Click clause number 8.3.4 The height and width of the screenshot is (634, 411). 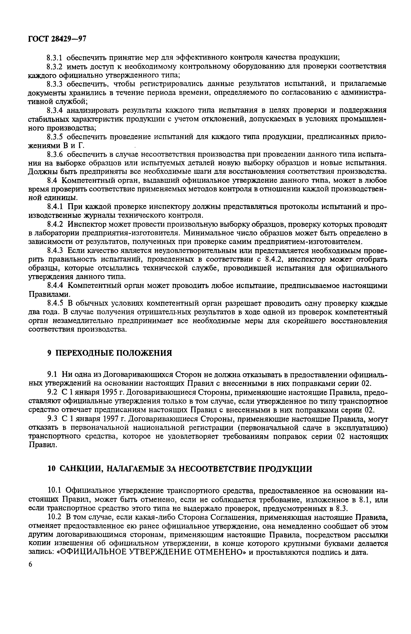click(55, 110)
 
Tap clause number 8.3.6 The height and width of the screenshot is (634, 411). click(55, 154)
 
